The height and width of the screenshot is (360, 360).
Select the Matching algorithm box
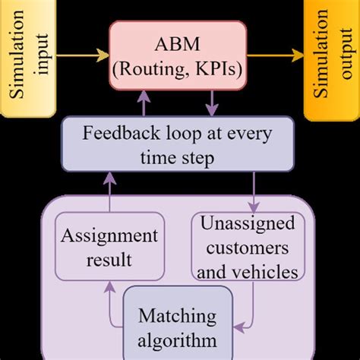tap(178, 325)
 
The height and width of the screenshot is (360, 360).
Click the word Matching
tap(178, 314)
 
